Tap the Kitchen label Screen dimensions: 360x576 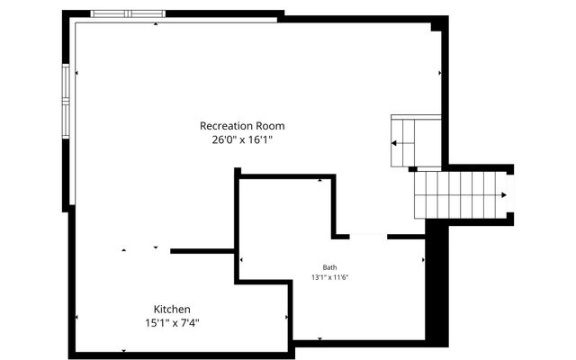171,309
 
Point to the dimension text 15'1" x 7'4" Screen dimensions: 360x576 171,322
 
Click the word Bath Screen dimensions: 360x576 329,267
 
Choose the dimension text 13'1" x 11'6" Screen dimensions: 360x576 329,278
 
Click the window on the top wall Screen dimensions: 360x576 127,14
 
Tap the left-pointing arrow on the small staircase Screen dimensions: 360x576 393,142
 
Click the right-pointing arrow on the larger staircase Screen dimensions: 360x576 502,194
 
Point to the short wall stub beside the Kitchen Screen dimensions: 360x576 202,251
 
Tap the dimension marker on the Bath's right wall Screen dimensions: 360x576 423,260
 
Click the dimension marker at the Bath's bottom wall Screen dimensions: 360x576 319,338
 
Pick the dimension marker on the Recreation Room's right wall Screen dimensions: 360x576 439,73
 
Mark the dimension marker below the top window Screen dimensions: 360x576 155,24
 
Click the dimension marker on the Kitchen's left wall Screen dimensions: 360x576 76,317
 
